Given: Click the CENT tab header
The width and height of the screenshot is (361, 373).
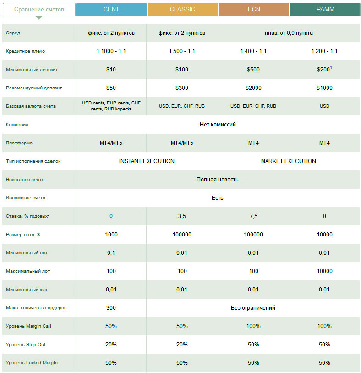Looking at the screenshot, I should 111,10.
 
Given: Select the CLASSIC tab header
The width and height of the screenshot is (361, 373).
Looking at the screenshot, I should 182,10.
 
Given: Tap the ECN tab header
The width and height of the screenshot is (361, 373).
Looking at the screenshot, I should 253,10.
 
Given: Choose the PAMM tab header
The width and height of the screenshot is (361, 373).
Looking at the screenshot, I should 324,10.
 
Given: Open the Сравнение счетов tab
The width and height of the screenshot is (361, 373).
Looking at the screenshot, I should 39,10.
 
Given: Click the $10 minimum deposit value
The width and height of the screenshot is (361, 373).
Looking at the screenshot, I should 111,70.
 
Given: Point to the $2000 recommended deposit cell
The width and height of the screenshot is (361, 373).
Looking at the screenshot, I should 253,88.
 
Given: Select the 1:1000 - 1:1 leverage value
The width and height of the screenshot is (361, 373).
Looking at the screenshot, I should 111,51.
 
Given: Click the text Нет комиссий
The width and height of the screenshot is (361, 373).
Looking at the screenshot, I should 218,125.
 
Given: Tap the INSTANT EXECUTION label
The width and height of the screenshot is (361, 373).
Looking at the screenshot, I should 147,161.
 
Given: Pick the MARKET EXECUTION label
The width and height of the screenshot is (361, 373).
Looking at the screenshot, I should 289,161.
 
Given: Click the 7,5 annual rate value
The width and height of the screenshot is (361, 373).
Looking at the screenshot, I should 253,216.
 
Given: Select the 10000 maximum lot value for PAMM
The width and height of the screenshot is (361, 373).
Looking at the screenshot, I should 324,271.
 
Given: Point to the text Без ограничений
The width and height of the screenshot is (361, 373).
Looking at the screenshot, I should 253,308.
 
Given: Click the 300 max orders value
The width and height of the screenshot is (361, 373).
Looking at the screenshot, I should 111,308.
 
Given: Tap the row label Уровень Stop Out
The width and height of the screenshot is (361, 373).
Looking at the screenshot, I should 26,345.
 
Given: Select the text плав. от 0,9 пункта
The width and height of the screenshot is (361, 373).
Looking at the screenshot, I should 289,33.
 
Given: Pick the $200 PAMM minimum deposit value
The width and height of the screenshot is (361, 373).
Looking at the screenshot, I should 323,70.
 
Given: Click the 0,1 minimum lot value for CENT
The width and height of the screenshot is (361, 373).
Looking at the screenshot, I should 111,253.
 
